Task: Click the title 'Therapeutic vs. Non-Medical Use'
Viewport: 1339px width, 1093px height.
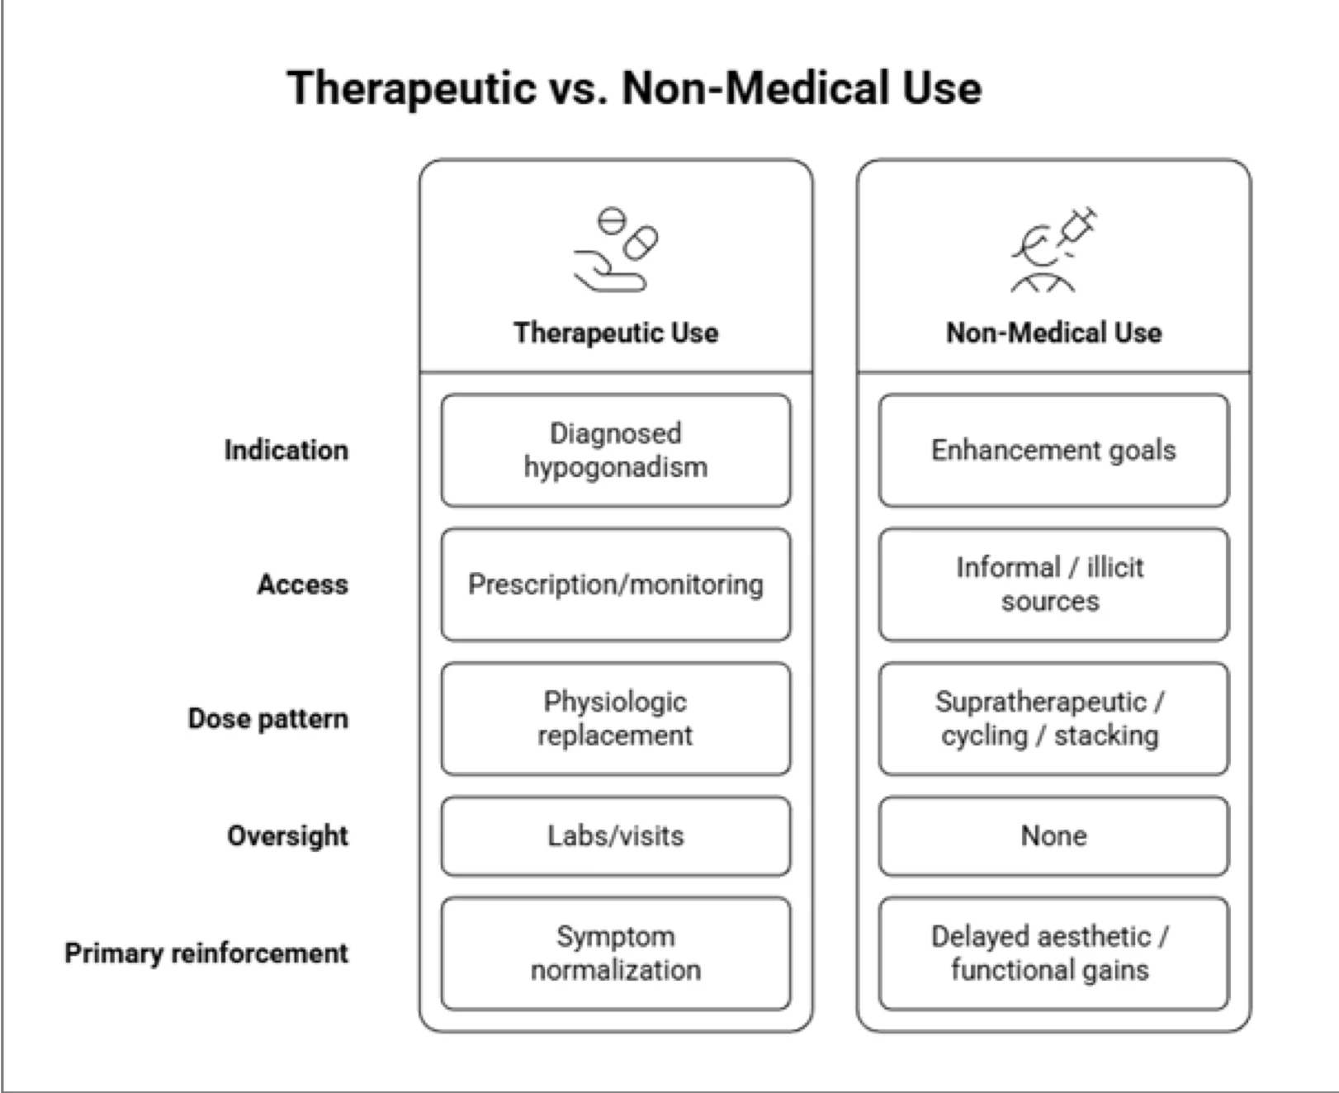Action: tap(634, 88)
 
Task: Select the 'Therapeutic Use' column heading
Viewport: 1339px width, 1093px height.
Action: tap(616, 333)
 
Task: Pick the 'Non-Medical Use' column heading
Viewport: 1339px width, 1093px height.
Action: tap(1053, 333)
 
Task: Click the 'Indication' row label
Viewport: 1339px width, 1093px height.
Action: tap(286, 451)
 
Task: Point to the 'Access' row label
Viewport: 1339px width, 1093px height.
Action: tap(303, 584)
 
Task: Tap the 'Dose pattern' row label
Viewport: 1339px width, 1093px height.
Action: tap(268, 718)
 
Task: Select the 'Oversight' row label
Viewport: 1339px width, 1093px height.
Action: tap(288, 835)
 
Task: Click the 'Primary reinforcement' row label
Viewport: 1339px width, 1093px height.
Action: tap(206, 953)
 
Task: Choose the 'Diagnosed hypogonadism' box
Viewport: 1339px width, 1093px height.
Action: tap(616, 451)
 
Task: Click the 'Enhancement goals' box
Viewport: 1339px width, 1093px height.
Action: tap(1053, 451)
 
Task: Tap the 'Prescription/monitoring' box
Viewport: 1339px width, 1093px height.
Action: tap(616, 584)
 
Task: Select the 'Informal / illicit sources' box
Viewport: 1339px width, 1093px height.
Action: tap(1053, 584)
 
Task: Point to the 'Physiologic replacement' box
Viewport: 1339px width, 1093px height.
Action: tap(616, 718)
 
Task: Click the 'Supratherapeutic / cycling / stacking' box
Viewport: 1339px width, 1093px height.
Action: tap(1053, 718)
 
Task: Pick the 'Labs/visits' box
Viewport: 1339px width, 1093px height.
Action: tap(616, 835)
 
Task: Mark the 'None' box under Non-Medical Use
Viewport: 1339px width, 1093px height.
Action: tap(1053, 835)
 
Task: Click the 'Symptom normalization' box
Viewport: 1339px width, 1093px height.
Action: tap(616, 953)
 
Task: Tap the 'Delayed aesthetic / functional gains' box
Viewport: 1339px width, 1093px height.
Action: tap(1053, 953)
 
